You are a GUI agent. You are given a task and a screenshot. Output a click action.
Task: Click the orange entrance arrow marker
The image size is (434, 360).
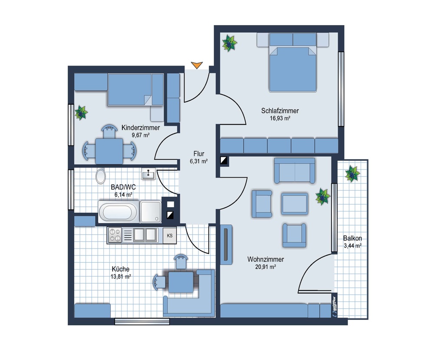tap(197, 65)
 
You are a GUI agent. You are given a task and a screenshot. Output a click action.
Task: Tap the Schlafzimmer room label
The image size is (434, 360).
tap(280, 111)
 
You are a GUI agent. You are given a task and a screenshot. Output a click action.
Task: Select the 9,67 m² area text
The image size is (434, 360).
tap(141, 135)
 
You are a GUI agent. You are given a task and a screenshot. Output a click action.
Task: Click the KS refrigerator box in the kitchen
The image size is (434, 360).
tap(170, 236)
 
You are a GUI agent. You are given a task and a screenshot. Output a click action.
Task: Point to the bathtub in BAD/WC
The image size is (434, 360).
tap(118, 212)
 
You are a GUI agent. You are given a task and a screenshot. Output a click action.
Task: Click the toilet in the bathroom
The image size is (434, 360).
tap(101, 176)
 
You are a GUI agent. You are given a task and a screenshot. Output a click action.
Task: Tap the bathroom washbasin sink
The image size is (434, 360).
tap(148, 174)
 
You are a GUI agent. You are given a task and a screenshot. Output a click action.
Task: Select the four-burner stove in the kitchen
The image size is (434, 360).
tap(115, 235)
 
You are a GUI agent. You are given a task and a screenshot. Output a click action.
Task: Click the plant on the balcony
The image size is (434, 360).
tap(352, 174)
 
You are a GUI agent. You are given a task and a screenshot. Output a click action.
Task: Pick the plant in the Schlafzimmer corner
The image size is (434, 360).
tap(230, 43)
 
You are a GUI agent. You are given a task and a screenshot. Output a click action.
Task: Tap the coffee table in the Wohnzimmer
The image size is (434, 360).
tap(295, 204)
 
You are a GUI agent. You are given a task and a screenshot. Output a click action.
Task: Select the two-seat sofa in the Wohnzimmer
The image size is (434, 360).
tap(295, 171)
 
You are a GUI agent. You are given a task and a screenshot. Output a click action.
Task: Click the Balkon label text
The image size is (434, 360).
tap(352, 238)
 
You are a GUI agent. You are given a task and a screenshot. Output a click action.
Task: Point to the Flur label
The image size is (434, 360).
tap(199, 154)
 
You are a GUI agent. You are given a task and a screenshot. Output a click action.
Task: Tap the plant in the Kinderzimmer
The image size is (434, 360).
tap(81, 112)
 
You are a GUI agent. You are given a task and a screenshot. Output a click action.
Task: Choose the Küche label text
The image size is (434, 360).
tap(120, 269)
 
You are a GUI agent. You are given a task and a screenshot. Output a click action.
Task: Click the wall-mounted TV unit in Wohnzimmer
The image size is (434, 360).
tap(226, 244)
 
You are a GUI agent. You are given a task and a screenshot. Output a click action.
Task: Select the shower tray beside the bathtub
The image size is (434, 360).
tap(151, 212)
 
